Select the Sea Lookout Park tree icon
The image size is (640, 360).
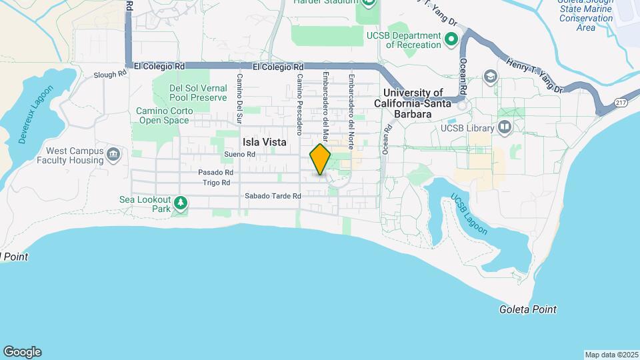click(x=179, y=202)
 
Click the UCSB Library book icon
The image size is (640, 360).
click(x=505, y=127)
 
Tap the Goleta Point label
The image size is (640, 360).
click(x=527, y=309)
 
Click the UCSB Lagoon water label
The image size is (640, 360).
click(x=469, y=215)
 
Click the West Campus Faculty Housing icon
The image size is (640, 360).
click(x=113, y=155)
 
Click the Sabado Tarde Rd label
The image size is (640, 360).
click(x=273, y=196)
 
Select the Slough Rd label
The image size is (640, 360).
click(x=110, y=75)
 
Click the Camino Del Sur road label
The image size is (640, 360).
click(x=237, y=92)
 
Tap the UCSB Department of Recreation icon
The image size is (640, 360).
click(x=451, y=39)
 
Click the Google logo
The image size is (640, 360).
click(x=22, y=352)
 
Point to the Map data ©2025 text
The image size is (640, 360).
click(x=611, y=355)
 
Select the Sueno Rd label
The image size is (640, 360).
click(x=240, y=154)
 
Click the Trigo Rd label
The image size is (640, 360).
click(x=217, y=182)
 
